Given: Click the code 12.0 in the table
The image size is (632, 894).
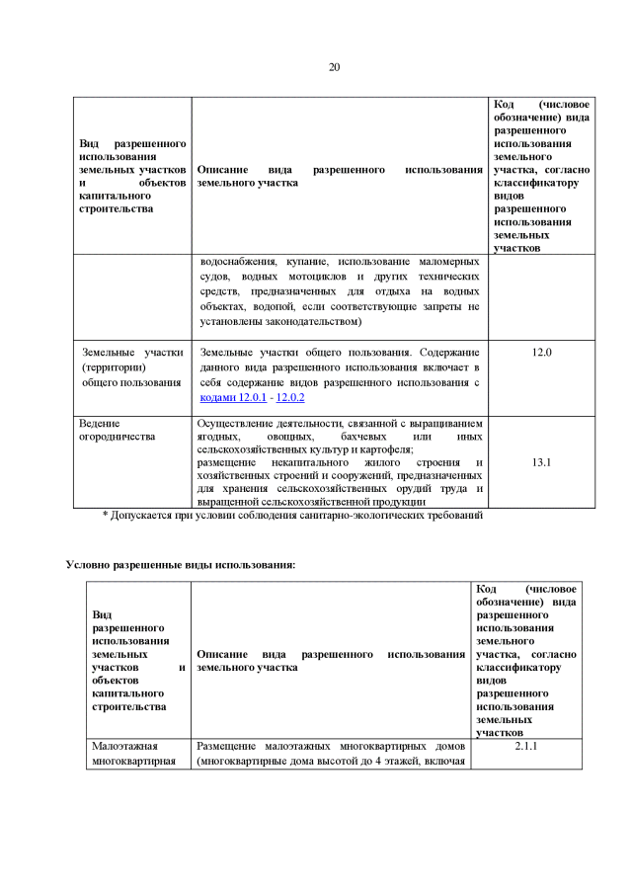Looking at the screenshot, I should pyautogui.click(x=541, y=352).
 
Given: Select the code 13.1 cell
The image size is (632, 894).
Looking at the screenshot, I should pyautogui.click(x=541, y=461).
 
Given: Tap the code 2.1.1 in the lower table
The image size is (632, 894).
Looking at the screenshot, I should pyautogui.click(x=526, y=747).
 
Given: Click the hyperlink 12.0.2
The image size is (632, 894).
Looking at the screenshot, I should pyautogui.click(x=290, y=397).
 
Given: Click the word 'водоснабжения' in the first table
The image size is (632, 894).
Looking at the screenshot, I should pyautogui.click(x=236, y=262).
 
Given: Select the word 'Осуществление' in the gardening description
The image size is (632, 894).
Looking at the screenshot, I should pyautogui.click(x=237, y=422).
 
